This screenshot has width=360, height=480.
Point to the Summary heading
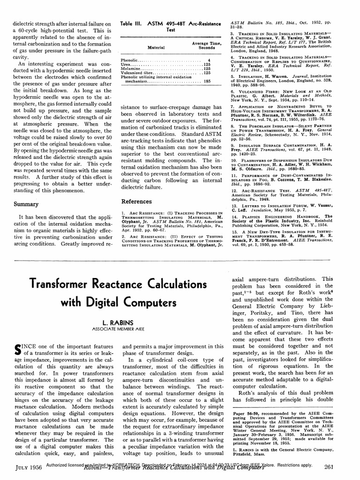pos(26,204)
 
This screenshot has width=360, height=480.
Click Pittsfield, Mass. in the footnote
pos(250,454)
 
